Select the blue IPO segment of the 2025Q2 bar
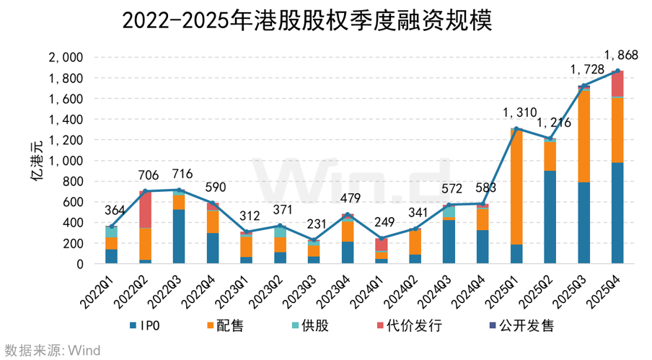tap(549, 217)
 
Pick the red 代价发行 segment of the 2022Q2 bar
tap(144, 209)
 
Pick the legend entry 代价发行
tap(407, 325)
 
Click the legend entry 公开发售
tap(521, 325)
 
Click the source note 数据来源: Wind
tap(51, 351)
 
